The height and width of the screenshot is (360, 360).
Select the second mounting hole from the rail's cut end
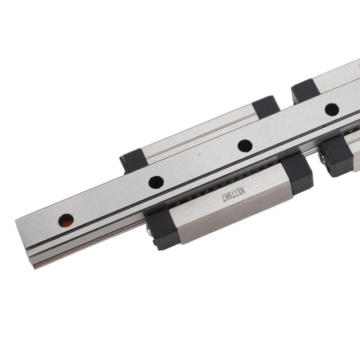pyautogui.click(x=156, y=182)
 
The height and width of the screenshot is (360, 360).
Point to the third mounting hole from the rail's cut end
pyautogui.click(x=244, y=146)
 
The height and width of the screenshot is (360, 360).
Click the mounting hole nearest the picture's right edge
pyautogui.click(x=332, y=109)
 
